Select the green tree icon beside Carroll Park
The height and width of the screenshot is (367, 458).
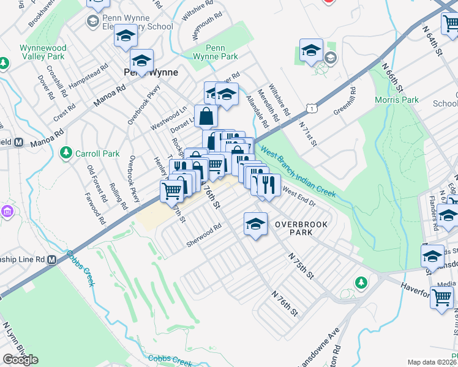tap(66, 154)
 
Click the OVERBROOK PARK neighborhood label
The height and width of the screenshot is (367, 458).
tap(301, 224)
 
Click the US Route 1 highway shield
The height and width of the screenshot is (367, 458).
tap(312, 108)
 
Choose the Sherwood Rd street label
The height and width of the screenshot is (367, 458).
tap(204, 235)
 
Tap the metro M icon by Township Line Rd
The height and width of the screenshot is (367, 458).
tap(52, 259)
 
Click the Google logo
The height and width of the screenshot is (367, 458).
tap(20, 360)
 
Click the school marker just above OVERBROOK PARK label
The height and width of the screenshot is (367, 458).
tap(255, 224)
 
